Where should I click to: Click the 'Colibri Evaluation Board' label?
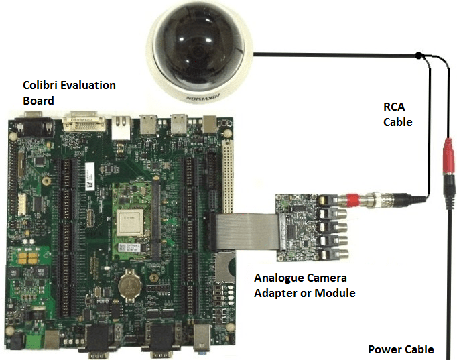pyautogui.click(x=69, y=93)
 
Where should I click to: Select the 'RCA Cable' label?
pyautogui.click(x=397, y=115)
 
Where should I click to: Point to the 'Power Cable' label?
pyautogui.click(x=401, y=349)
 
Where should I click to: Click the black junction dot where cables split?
pyautogui.click(x=419, y=54)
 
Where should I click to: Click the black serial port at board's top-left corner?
pyautogui.click(x=31, y=126)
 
